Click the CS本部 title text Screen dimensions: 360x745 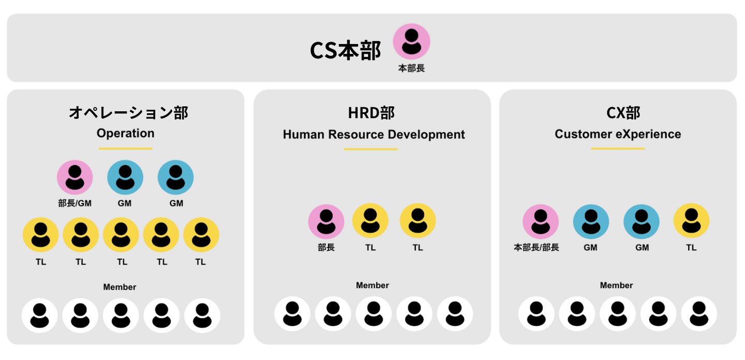pos(345,51)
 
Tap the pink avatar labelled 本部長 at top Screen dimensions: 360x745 pos(411,41)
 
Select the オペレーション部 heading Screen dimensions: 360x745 pos(128,113)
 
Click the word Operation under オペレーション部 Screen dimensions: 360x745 pos(125,133)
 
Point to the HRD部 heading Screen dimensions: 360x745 pos(371,113)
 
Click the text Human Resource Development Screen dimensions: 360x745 pos(374,134)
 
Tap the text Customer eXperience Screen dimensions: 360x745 pos(618,134)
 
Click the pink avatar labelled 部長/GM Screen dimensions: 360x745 pos(74,177)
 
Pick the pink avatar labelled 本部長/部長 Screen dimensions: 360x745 pos(540,222)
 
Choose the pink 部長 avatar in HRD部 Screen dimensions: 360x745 pos(326,222)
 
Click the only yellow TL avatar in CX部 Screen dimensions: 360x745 pos(691,221)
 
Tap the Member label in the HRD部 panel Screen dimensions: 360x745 pos(372,285)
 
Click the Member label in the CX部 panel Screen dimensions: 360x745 pos(616,285)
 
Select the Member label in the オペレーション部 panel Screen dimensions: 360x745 pos(120,287)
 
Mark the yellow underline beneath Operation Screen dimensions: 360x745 pos(125,149)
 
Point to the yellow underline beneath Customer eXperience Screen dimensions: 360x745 pos(618,149)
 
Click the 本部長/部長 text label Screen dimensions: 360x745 pos(536,248)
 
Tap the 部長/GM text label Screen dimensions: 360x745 pos(74,203)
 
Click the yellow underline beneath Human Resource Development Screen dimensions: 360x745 pos(370,149)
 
